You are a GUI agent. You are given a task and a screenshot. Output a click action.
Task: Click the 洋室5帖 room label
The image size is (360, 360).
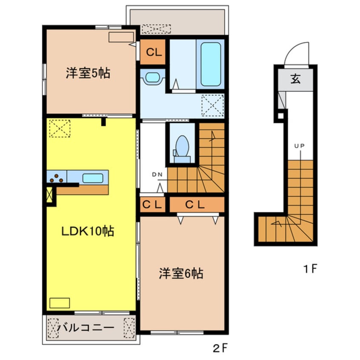(x=88, y=73)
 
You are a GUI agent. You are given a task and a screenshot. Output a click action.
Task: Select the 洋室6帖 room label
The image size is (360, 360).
(x=181, y=273)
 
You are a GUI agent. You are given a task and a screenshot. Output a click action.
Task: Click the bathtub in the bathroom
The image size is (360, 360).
(x=210, y=65)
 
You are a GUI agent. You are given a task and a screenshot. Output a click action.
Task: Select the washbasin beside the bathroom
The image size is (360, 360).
(x=152, y=77)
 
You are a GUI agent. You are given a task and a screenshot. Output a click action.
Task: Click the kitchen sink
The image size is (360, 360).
(x=93, y=178)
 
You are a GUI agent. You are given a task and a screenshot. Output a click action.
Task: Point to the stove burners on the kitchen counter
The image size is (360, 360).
(x=55, y=177)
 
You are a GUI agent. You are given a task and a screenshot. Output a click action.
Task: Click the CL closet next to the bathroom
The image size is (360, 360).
(x=153, y=52)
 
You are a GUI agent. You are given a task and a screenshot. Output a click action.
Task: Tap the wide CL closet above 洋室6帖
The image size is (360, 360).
(x=197, y=205)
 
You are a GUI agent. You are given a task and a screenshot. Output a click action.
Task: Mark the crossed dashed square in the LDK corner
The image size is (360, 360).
(x=59, y=129)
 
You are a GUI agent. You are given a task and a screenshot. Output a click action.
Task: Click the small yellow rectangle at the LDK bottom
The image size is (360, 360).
(x=59, y=303)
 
